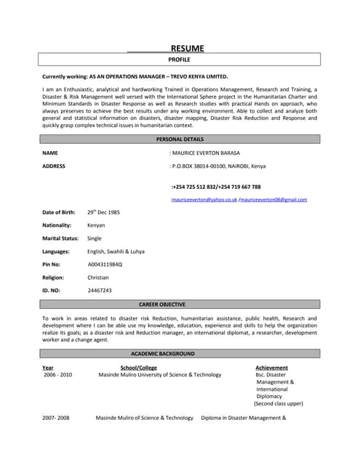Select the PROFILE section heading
pos(179,60)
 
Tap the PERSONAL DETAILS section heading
pos(180,139)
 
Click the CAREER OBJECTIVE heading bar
pos(161,304)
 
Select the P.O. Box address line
pos(217,166)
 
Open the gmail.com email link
pos(273,199)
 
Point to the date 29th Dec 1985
pos(103,212)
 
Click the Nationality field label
pos(57,225)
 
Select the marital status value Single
pos(95,238)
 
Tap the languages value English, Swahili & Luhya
pos(116,251)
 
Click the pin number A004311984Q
pos(105,264)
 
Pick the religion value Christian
pos(98,277)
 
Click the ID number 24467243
pos(100,290)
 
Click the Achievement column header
pos(271,368)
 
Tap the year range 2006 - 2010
pos(57,375)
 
